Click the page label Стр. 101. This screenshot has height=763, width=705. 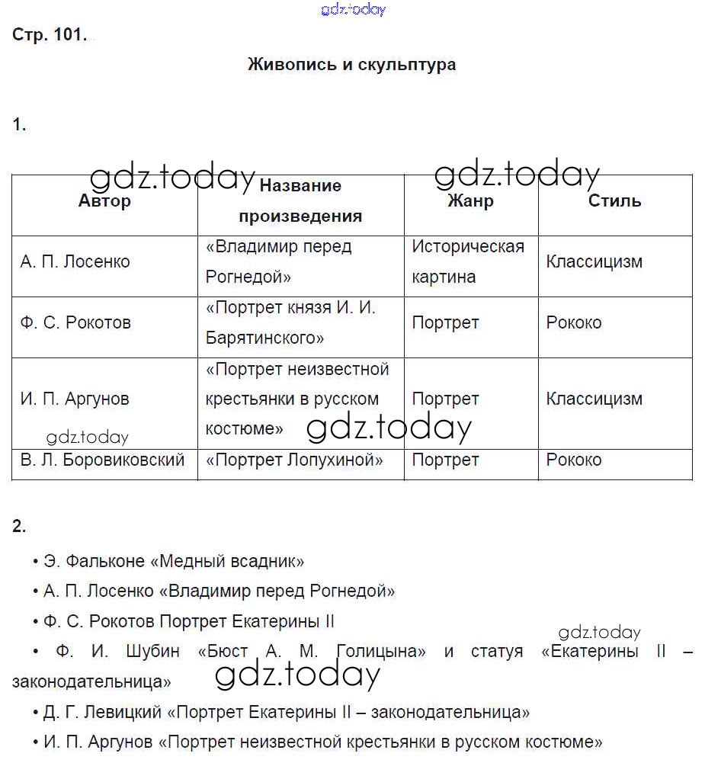pos(50,34)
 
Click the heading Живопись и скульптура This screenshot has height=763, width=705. pos(351,64)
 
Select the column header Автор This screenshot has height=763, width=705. pos(104,201)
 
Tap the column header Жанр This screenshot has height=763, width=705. pos(470,201)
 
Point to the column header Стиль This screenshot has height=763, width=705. pos(614,201)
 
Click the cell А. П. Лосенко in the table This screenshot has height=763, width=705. pos(75,261)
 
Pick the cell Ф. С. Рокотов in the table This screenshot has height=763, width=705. pos(75,322)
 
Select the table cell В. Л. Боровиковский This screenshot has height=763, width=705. pos(102,460)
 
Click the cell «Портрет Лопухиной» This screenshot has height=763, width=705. pos(294,460)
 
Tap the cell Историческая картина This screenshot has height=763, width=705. pos(468,261)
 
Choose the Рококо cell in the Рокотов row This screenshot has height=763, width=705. pos(573,322)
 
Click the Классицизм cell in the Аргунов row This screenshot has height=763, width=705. pos(594,399)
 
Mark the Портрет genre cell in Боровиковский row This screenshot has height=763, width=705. pos(445,460)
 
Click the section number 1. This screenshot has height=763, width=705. pos(19,126)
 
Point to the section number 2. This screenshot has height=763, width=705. pos(19,526)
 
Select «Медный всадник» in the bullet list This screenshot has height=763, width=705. pos(228,561)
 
